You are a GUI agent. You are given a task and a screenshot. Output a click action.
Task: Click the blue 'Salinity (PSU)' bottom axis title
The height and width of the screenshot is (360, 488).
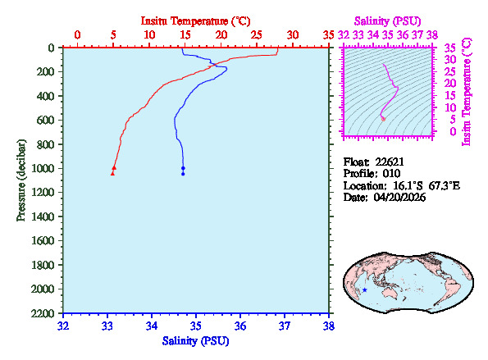tap(195, 340)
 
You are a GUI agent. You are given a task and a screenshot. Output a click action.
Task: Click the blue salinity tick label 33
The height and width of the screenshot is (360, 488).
tap(107, 326)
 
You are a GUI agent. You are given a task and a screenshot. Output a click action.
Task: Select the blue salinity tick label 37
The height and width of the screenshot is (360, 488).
tap(285, 326)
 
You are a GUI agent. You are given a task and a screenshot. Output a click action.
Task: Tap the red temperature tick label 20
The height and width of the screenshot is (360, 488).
tap(221, 34)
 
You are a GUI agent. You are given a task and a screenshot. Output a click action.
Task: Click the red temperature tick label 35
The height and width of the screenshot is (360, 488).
tap(329, 34)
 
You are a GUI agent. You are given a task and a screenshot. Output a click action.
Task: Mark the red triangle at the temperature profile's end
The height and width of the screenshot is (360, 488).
tap(113, 173)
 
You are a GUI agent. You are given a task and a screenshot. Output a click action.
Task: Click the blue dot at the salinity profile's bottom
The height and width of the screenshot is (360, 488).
tap(183, 174)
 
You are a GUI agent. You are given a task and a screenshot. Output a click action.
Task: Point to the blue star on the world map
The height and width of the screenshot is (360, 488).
tap(364, 289)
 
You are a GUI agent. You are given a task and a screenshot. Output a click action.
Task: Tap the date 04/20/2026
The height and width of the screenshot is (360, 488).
tap(397, 198)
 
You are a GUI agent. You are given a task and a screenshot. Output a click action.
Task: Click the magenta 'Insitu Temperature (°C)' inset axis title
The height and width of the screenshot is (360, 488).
tap(467, 90)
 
